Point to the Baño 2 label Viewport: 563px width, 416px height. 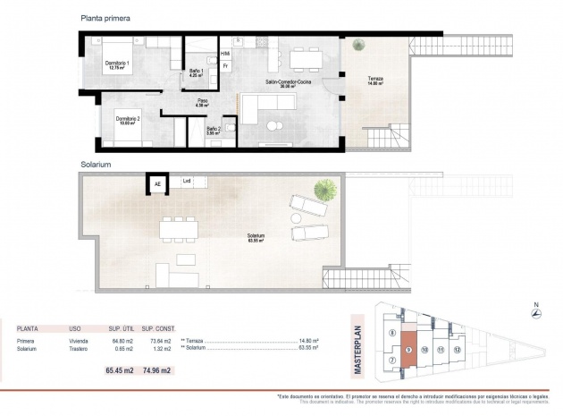pyautogui.click(x=214, y=131)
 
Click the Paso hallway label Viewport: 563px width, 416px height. pyautogui.click(x=203, y=102)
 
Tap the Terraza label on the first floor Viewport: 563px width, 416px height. pyautogui.click(x=375, y=81)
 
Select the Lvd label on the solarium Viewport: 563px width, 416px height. pyautogui.click(x=187, y=182)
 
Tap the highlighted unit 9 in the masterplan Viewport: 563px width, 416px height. pyautogui.click(x=408, y=350)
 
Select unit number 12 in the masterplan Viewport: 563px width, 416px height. pyautogui.click(x=457, y=350)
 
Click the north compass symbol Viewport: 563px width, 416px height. pyautogui.click(x=534, y=313)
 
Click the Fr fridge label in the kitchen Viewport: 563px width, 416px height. pyautogui.click(x=225, y=66)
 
